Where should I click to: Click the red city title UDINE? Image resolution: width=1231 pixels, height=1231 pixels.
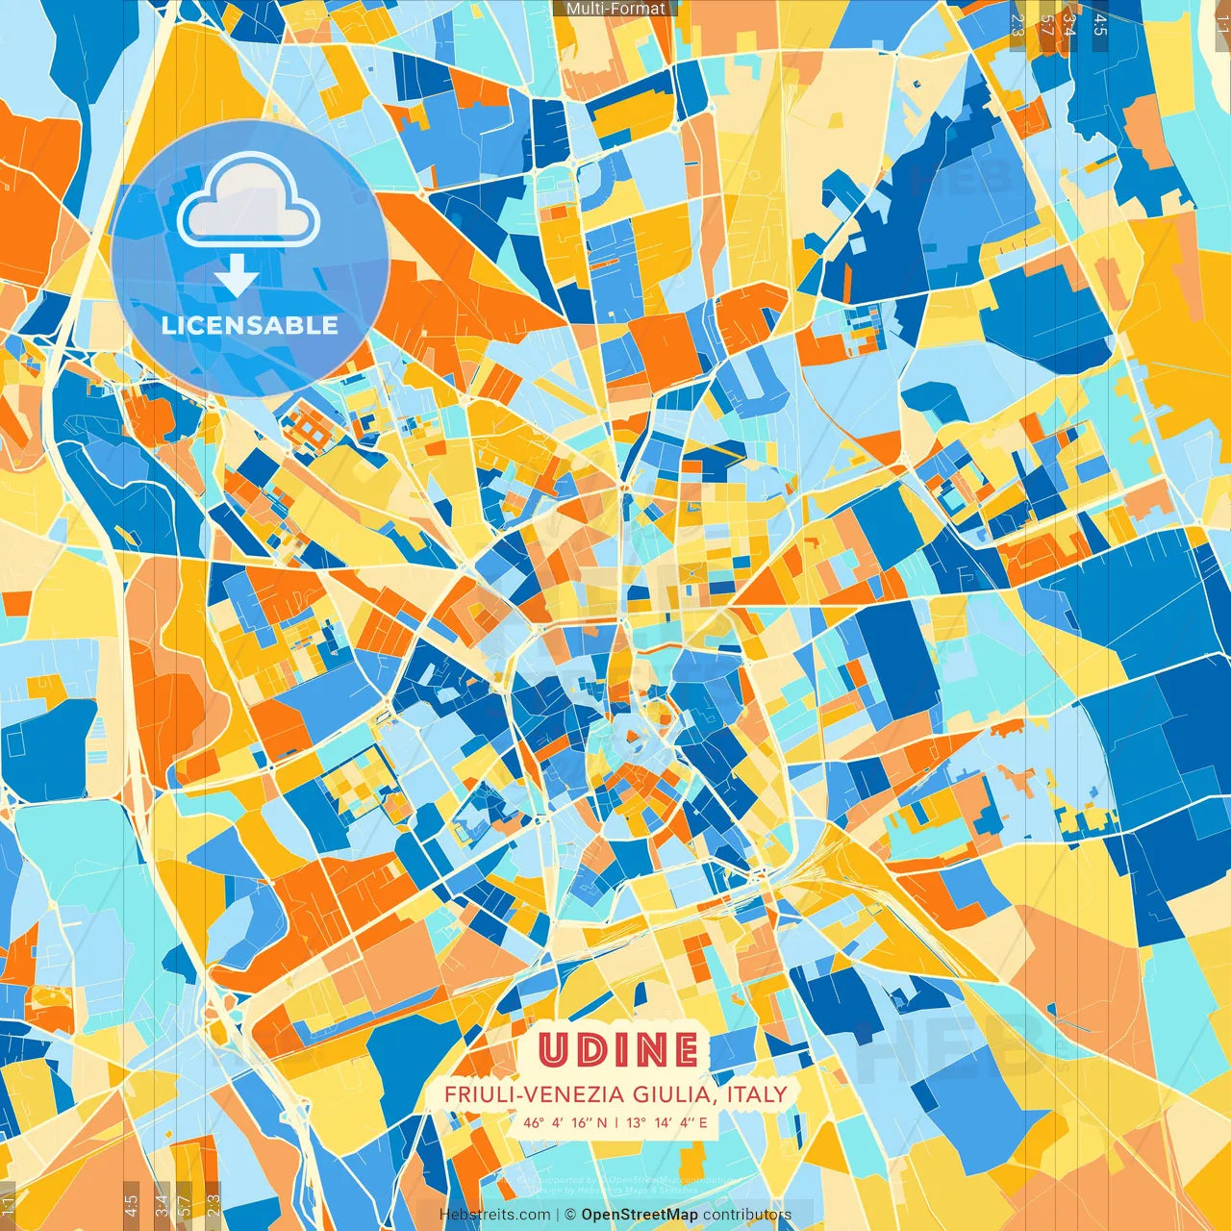[x=617, y=1050]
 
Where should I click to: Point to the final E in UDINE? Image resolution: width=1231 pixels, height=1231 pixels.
[x=683, y=1050]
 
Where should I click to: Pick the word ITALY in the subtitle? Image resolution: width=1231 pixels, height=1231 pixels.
[x=757, y=1094]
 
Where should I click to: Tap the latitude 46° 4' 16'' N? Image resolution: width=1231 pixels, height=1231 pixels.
[x=565, y=1122]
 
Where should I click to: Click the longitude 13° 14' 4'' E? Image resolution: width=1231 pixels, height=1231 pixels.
[x=667, y=1122]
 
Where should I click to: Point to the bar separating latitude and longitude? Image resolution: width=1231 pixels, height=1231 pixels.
[x=616, y=1122]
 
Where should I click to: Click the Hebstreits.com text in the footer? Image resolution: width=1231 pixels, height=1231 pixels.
[x=494, y=1215]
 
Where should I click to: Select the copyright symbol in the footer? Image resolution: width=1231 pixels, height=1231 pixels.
[x=569, y=1215]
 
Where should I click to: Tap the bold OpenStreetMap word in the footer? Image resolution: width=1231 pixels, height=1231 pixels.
[x=639, y=1215]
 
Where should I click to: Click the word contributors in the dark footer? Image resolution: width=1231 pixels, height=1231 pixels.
[x=746, y=1215]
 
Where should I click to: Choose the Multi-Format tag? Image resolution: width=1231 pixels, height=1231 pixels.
[x=615, y=9]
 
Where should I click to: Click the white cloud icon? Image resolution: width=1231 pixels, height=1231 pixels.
[x=248, y=203]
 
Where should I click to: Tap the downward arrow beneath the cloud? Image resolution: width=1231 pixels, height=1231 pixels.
[x=236, y=278]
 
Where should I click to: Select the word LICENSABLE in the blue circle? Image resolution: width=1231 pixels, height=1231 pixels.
[x=250, y=325]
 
